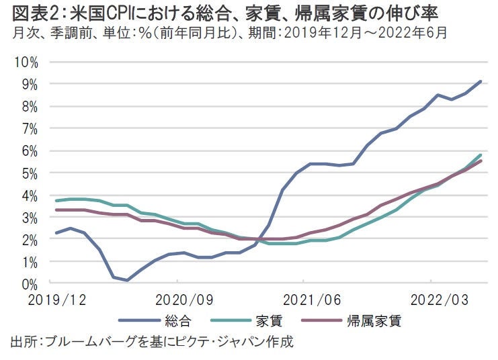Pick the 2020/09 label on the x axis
tap(177, 298)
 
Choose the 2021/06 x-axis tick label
tap(304, 298)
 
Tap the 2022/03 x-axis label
tap(430, 298)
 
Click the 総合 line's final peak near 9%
tap(481, 81)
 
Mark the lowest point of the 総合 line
tap(127, 280)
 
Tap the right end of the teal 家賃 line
tap(481, 154)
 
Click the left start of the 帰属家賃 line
tap(56, 210)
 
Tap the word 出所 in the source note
tap(24, 341)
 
